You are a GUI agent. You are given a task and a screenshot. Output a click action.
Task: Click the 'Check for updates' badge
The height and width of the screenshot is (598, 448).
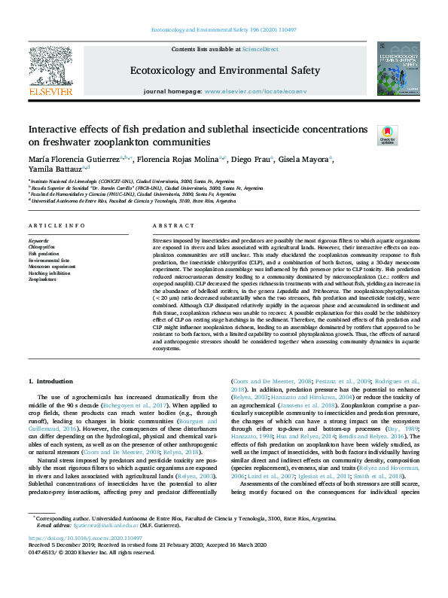tap(387, 134)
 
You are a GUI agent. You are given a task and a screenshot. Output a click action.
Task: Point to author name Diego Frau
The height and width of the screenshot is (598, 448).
tap(270, 160)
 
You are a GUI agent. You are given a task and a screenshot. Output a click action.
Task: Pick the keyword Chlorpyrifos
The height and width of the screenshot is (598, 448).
tap(42, 246)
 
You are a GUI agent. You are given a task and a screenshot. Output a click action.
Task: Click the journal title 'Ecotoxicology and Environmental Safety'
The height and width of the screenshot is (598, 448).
tap(226, 71)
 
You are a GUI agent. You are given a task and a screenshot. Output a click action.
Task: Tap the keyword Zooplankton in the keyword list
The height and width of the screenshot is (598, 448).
tap(42, 279)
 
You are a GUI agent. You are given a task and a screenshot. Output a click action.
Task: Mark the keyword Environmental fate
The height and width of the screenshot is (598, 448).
tap(48, 259)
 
